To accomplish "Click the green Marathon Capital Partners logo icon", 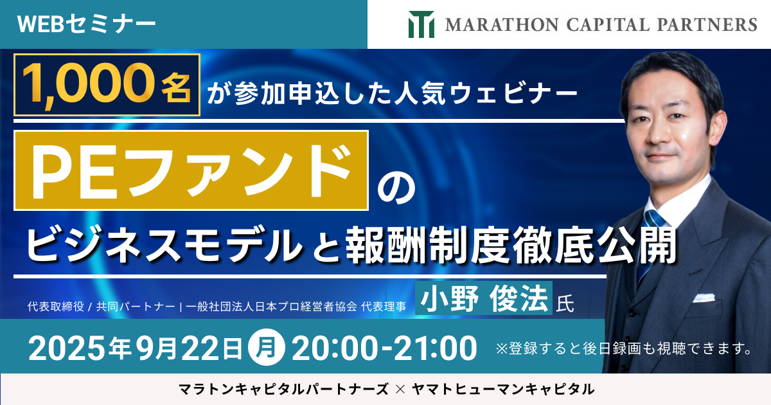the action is (421, 24).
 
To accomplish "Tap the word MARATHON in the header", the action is (502, 25).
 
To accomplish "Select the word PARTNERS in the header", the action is (707, 25).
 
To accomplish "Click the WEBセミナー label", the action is (86, 24).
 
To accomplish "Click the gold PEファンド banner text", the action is (191, 171).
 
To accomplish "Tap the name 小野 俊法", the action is (484, 298).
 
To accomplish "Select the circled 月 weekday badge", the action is (267, 348).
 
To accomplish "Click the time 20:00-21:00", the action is (384, 348).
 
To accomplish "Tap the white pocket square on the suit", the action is (704, 298).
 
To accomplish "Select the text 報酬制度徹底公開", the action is (511, 246).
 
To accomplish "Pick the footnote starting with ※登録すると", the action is (623, 349).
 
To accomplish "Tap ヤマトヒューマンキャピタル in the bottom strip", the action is (503, 390).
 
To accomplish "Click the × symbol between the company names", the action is (400, 390).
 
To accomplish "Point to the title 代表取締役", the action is (56, 306).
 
